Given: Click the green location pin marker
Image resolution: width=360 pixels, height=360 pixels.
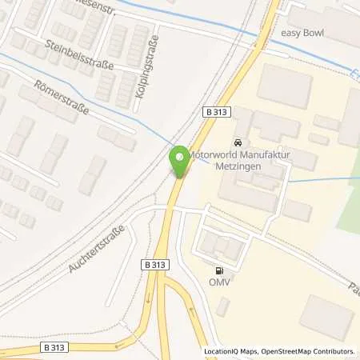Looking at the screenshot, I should coord(179,161).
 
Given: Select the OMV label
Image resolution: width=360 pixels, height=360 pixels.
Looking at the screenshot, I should coord(217,282).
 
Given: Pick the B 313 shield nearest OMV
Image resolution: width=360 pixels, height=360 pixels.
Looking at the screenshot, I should coord(158,262).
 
